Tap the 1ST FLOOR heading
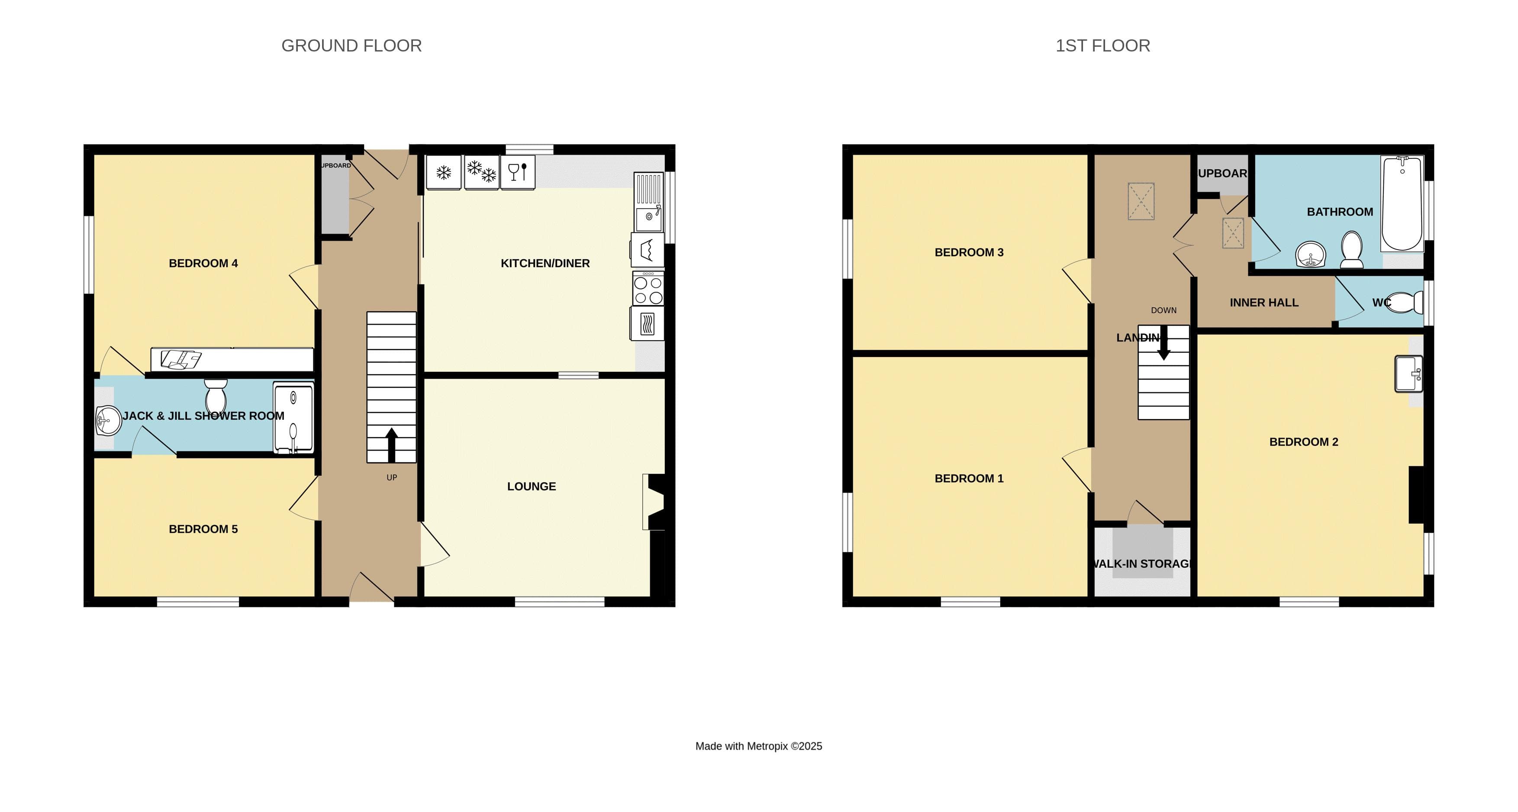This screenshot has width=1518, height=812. coord(1102,45)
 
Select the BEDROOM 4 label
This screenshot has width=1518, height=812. coord(203,264)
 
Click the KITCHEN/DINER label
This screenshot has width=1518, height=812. coord(545,264)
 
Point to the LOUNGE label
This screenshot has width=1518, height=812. coord(531,486)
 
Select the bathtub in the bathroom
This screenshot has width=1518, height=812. coord(1402,203)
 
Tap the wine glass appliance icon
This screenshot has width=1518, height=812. coord(517,172)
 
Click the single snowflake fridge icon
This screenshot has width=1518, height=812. coord(443,173)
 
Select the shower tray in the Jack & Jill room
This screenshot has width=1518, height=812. coord(293,418)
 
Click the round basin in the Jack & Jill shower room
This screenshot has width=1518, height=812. coord(108,421)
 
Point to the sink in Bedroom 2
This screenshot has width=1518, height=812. coord(1408,374)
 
